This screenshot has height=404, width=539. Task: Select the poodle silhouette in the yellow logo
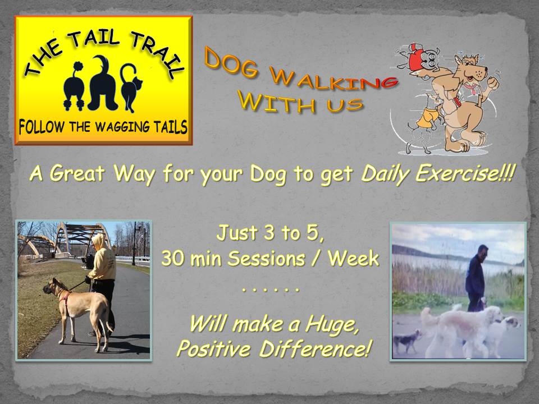74,86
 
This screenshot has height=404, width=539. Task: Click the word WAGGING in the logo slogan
122,127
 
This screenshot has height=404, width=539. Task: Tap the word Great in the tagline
76,173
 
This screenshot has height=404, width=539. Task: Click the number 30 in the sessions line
172,258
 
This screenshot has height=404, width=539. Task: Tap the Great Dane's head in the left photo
54,286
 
